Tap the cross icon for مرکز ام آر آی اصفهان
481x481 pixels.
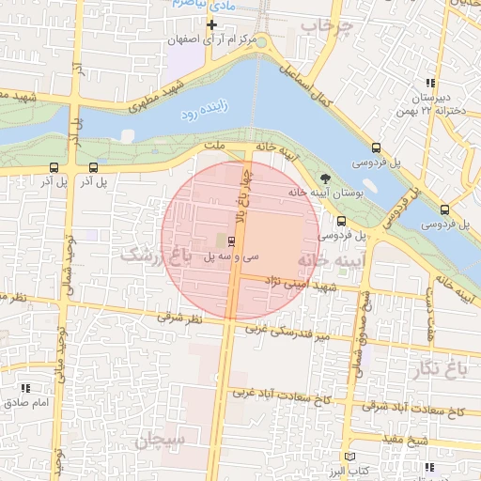coord(211,23)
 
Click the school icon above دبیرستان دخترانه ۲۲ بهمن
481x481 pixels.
coord(430,83)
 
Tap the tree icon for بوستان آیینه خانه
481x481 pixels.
coord(325,178)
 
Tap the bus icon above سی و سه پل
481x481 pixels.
coord(233,241)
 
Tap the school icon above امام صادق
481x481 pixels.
coord(25,387)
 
